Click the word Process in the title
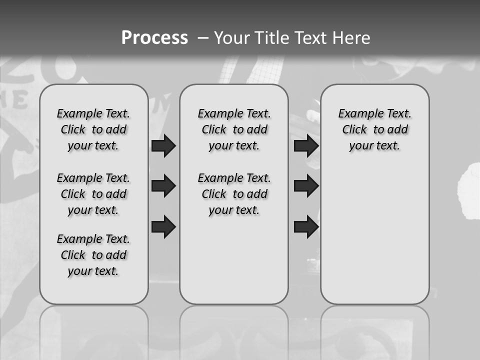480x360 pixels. [x=154, y=37]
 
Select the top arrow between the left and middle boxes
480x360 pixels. [x=163, y=146]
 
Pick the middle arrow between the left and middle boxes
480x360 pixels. [x=163, y=186]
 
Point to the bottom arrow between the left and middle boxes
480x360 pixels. [x=163, y=227]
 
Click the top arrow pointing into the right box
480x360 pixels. [x=306, y=146]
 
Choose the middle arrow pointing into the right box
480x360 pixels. [x=306, y=186]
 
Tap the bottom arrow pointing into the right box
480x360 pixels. [x=306, y=227]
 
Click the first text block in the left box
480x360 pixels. [x=93, y=129]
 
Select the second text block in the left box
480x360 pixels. [x=93, y=194]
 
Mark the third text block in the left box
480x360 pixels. [x=93, y=255]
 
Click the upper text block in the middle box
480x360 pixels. [x=234, y=129]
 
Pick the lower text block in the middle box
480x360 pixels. [x=234, y=194]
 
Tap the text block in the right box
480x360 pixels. [x=374, y=129]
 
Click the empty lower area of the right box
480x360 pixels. [x=374, y=235]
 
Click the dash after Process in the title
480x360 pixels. [x=202, y=37]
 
